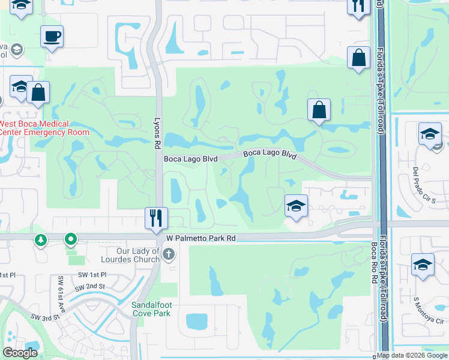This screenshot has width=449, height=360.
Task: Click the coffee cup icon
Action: click(x=52, y=37)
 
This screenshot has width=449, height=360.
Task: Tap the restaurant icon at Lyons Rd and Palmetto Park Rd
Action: click(x=156, y=218)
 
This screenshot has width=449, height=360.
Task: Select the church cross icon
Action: click(x=169, y=255)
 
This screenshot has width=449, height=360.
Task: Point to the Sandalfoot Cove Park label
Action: click(x=154, y=309)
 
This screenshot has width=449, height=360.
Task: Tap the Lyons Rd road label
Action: click(x=158, y=133)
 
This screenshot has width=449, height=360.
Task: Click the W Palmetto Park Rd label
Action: click(x=200, y=238)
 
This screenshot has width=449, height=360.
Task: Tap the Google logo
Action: click(x=20, y=353)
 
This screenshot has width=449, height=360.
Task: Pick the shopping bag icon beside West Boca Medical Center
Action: click(x=38, y=94)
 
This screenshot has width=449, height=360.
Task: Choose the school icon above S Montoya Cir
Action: click(x=423, y=265)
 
